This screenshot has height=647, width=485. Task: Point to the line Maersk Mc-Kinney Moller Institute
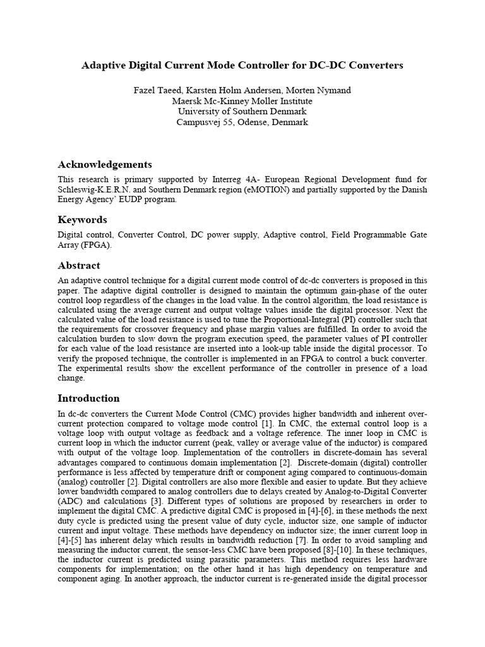click(242, 101)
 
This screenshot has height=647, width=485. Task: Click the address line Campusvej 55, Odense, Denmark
click(242, 122)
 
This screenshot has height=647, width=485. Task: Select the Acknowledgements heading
click(105, 164)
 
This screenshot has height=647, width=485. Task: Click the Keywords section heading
click(82, 220)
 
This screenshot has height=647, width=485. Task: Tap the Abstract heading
click(79, 265)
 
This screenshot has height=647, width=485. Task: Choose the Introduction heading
click(88, 398)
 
